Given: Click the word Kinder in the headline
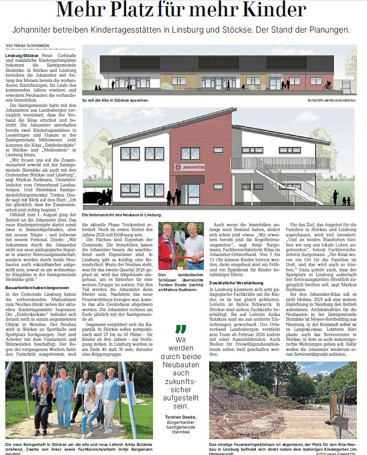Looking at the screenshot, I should pos(269,10).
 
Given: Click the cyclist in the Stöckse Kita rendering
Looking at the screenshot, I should pos(327,86).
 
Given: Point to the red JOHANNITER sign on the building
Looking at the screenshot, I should pos(190,167).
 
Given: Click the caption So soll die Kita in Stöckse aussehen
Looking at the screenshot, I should pos(116,101).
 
